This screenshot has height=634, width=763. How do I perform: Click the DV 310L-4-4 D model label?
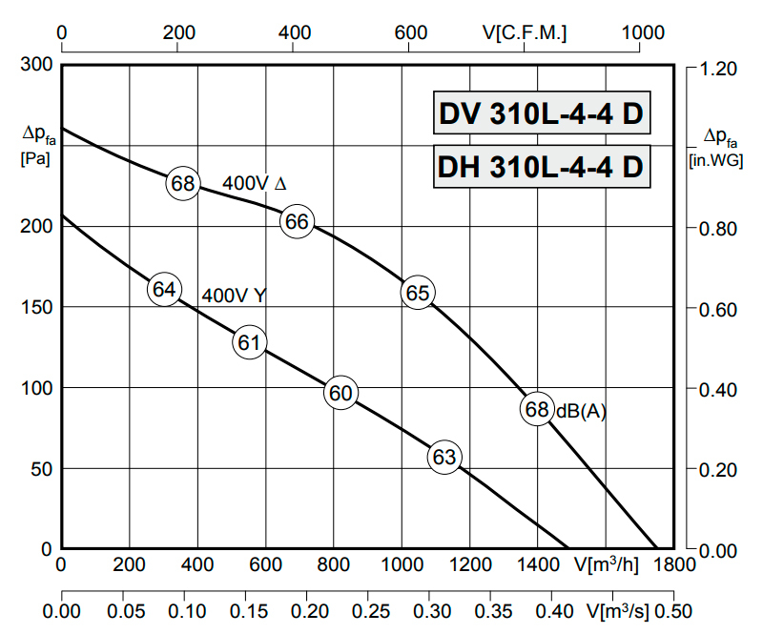pos(540,115)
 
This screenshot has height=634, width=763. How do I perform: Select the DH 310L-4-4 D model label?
pos(540,167)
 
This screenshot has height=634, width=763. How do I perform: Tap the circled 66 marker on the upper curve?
pos(298,221)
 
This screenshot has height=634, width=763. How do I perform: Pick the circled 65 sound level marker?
pos(418,293)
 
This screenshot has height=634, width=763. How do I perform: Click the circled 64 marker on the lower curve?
pos(164,289)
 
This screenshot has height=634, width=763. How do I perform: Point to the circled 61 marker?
pos(250,342)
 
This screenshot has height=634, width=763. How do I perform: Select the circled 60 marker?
pos(340,393)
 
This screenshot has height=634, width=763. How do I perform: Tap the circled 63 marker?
pos(444,458)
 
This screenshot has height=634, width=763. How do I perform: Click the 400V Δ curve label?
pos(255,182)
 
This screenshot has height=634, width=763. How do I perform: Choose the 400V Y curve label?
pos(234,296)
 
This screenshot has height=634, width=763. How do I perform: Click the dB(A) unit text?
pos(582,411)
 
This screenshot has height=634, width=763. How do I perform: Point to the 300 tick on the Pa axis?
pos(34,66)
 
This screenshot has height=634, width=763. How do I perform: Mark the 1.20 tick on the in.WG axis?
pos(718,69)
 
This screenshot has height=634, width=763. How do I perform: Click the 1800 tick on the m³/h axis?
pos(669,564)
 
